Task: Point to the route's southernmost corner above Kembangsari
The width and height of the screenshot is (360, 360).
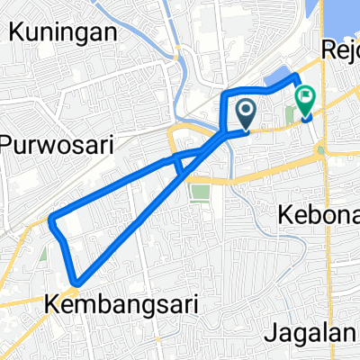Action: (x=78, y=283)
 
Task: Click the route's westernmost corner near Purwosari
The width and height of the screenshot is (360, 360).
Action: (x=53, y=218)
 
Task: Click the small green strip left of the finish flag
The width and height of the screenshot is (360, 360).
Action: (x=291, y=114)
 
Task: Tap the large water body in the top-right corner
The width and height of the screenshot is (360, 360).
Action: (x=346, y=13)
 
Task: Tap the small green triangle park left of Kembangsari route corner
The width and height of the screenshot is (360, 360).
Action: (x=42, y=256)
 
